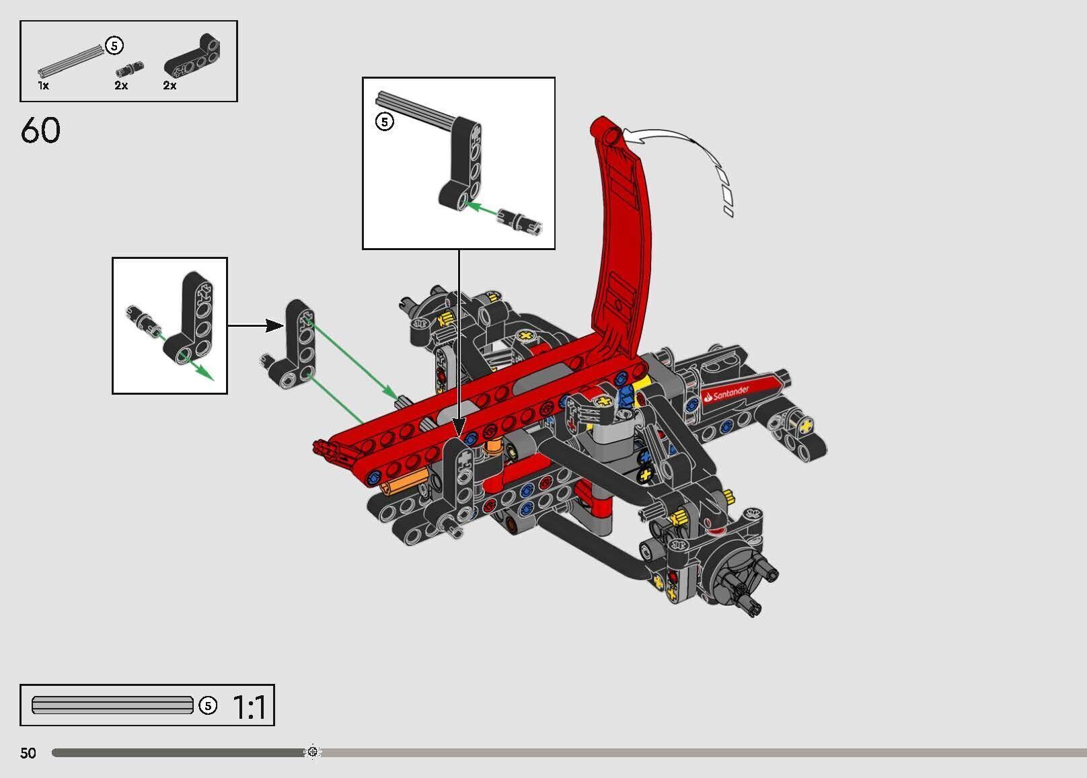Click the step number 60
click(40, 130)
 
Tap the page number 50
click(28, 752)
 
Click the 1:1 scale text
click(249, 707)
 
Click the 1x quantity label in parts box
click(43, 86)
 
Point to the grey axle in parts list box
click(71, 60)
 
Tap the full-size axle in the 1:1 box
click(112, 705)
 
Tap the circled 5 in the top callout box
click(384, 122)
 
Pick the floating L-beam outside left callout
click(296, 343)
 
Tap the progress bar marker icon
click(313, 752)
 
